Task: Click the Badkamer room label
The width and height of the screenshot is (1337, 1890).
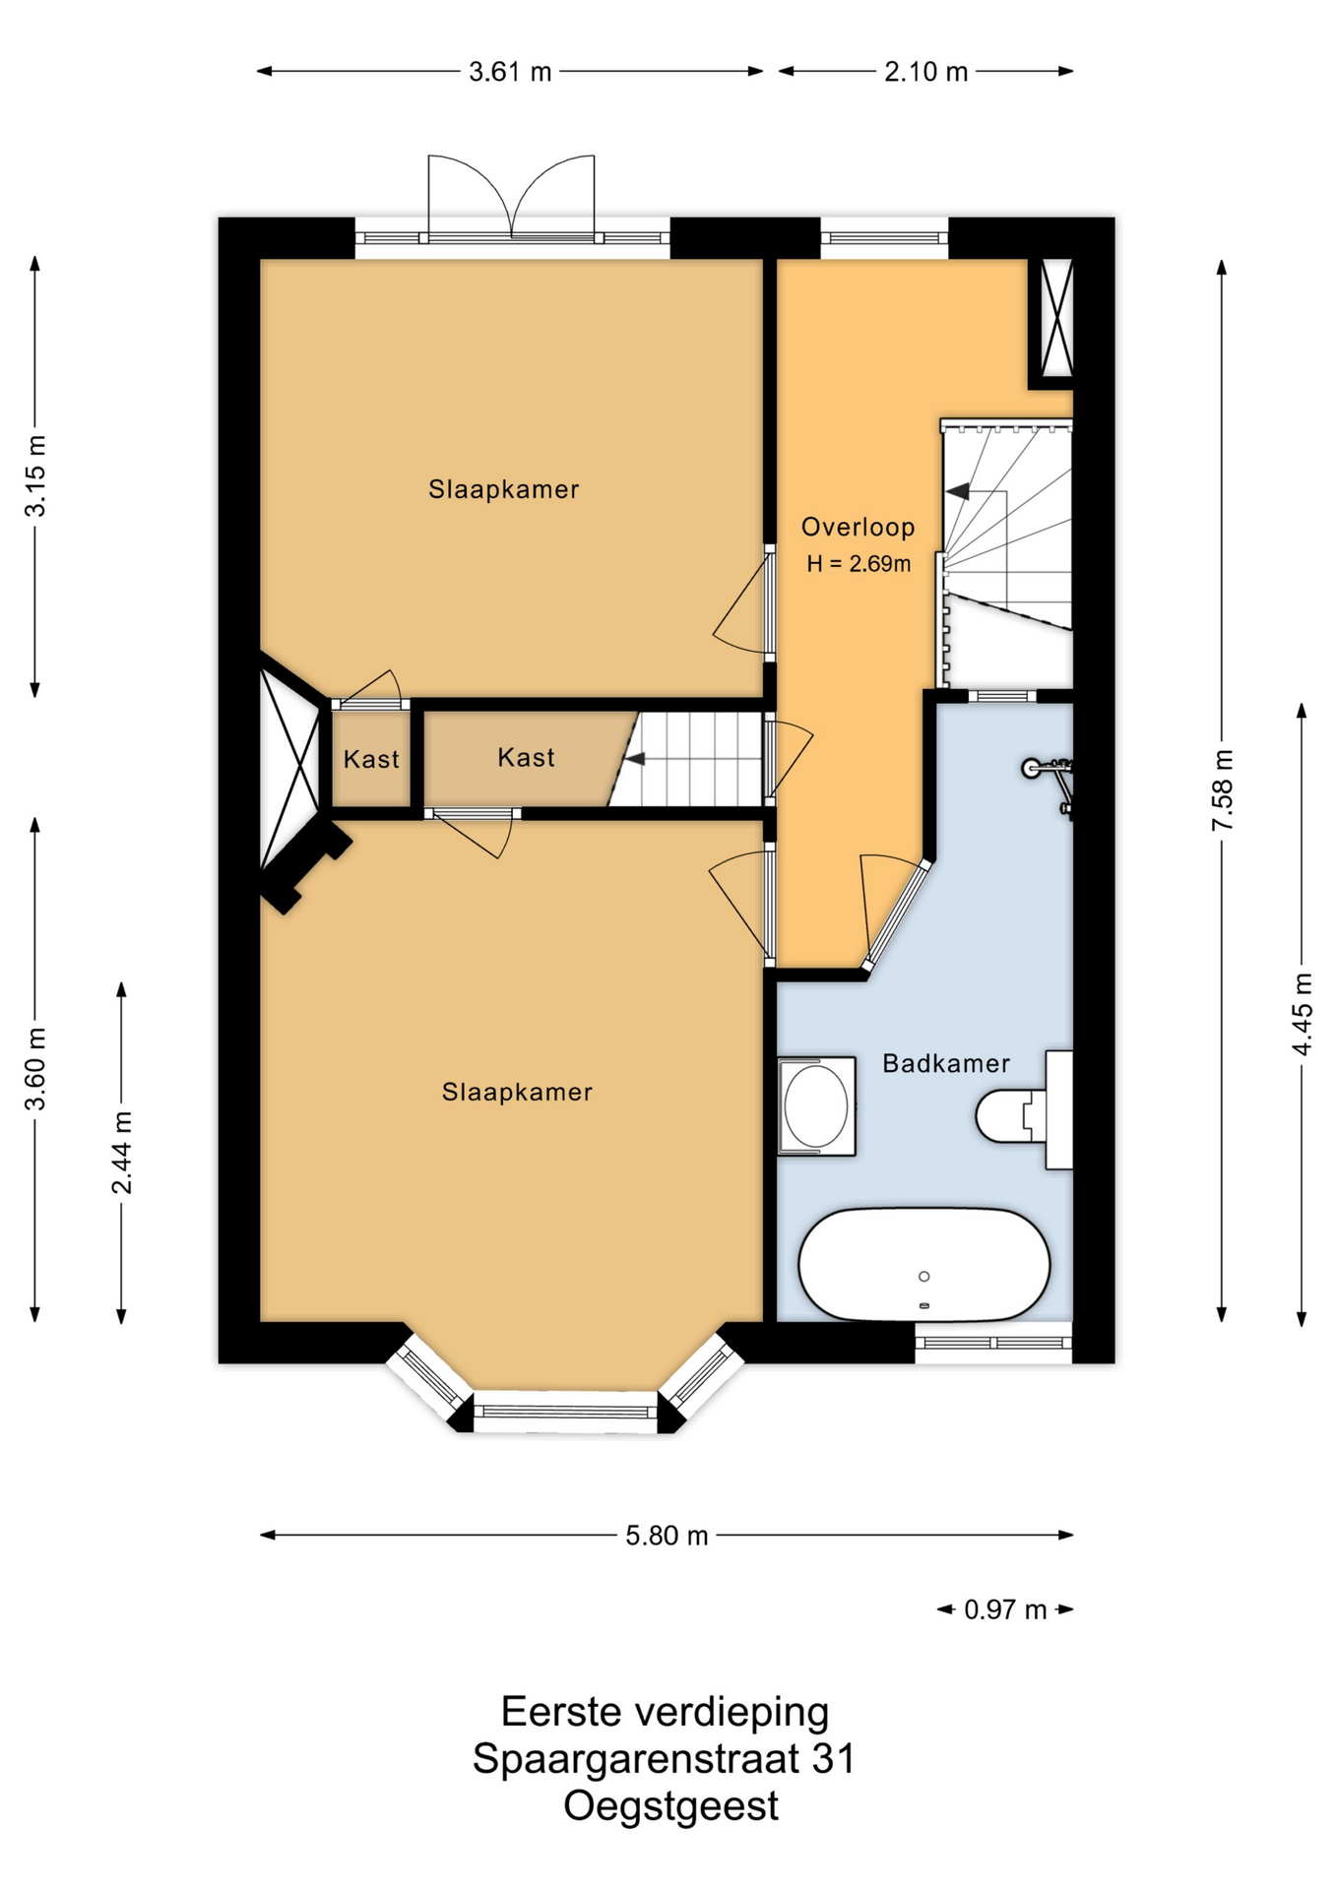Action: click(945, 1063)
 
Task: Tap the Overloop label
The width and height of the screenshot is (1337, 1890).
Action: click(858, 527)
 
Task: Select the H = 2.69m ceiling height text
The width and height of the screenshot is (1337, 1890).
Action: click(859, 564)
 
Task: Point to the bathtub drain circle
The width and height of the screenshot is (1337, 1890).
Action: click(923, 1277)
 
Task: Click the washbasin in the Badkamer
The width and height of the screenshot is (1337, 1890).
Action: click(816, 1106)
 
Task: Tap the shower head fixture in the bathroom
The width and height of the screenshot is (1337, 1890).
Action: click(1032, 768)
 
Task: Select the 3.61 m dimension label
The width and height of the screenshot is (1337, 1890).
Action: click(510, 72)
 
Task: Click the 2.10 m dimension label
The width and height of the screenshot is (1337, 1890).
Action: click(925, 72)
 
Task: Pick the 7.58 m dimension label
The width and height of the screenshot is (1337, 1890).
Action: click(1222, 790)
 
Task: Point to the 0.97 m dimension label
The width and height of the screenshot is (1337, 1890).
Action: click(1005, 1609)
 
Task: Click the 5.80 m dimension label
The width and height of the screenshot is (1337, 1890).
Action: click(667, 1536)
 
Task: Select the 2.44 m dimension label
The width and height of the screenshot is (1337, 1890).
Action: click(121, 1153)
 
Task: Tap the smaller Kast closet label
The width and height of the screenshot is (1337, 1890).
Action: click(371, 759)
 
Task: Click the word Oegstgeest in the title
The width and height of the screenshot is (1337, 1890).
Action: click(670, 1806)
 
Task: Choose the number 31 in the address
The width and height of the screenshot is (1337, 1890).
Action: click(833, 1759)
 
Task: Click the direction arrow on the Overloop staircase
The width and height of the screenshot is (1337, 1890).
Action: click(957, 490)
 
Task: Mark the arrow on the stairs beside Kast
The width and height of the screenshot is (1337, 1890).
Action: click(635, 759)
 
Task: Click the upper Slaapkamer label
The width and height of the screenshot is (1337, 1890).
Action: click(503, 489)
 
